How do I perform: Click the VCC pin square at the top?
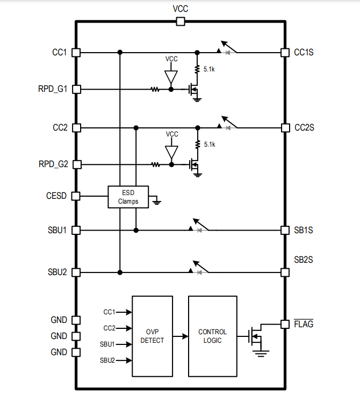point(181,21)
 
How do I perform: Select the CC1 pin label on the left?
point(59,53)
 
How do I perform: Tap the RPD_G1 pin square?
point(76,89)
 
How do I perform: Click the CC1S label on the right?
point(304,53)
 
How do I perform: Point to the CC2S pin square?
point(285,128)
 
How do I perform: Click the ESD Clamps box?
point(128,197)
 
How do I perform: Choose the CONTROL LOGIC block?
point(212,336)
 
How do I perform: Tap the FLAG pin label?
point(304,325)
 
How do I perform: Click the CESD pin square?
point(76,196)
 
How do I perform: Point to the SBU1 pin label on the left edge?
point(57,230)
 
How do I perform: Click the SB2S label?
point(304,260)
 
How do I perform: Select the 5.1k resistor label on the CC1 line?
point(210,69)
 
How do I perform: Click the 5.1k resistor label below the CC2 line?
point(210,145)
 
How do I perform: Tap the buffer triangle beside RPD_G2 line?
point(171,153)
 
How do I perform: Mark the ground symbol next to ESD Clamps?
point(156,202)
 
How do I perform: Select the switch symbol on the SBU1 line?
point(199,226)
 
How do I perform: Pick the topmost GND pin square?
point(76,320)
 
